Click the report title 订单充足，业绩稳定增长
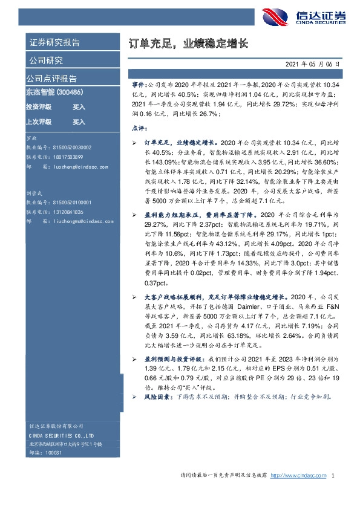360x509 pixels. coord(189,44)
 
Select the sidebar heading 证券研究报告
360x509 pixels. coord(54,42)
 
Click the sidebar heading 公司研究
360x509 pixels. coord(45,60)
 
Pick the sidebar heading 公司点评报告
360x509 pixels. coord(51,79)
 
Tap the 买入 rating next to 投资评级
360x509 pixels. coord(79,107)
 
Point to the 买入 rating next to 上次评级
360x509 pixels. coord(79,122)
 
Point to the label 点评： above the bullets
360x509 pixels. coord(139,128)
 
